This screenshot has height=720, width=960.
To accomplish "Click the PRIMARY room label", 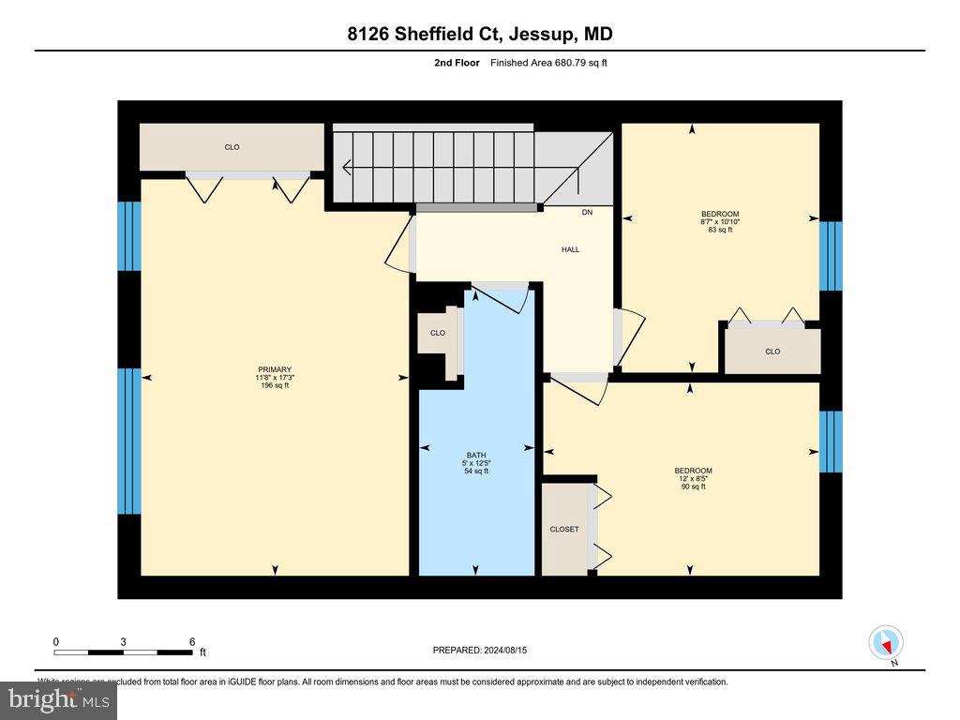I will click(275, 369).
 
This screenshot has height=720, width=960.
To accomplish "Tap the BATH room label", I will click(476, 455).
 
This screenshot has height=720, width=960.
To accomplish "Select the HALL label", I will click(570, 249).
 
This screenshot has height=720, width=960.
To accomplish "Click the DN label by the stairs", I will click(587, 213).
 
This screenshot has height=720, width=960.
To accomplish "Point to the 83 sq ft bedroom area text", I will click(720, 230).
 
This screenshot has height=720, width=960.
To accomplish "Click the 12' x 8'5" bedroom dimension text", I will click(693, 478).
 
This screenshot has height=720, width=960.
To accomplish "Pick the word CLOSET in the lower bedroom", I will click(563, 530).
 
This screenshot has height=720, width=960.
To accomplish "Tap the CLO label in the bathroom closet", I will click(437, 333).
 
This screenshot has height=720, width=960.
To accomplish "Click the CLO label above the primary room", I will click(232, 147).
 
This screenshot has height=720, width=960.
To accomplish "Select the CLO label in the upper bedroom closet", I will click(772, 352).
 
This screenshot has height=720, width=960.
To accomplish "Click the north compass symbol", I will click(886, 643).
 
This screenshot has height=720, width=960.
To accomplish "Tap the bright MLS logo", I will click(58, 699).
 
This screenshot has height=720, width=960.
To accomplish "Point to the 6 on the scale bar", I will click(192, 642).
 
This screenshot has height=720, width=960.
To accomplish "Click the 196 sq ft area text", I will click(275, 385).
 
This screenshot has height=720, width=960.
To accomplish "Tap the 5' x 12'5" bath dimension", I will click(476, 463).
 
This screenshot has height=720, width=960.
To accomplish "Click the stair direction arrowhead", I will click(347, 169).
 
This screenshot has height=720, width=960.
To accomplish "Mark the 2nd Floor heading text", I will click(457, 63).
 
